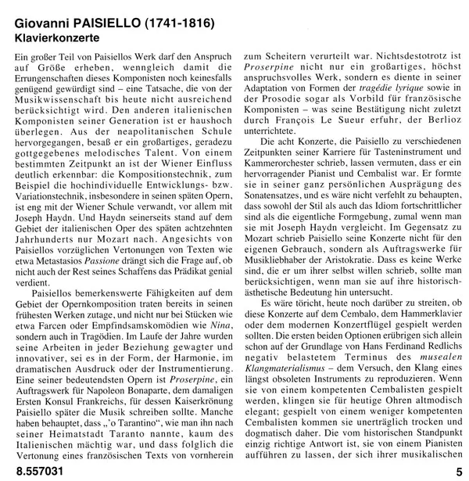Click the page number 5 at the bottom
coord(458,471)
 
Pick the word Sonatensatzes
coord(280,187)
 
